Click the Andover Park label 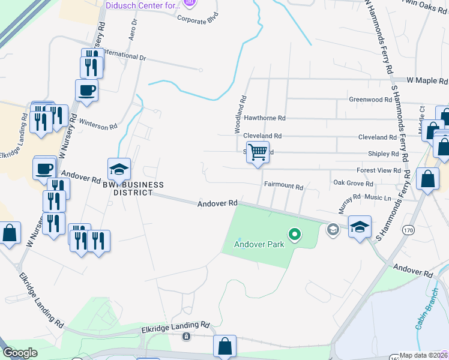click(259, 244)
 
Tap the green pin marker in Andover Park click(294, 234)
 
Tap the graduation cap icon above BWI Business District click(119, 169)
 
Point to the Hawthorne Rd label click(265, 119)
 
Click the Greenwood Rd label click(370, 100)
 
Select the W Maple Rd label click(427, 80)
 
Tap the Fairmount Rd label click(283, 187)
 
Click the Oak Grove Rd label click(353, 184)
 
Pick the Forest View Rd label click(378, 170)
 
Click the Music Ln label click(378, 197)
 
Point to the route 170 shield click(409, 230)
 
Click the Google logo click(20, 353)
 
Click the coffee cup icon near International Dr click(86, 90)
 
